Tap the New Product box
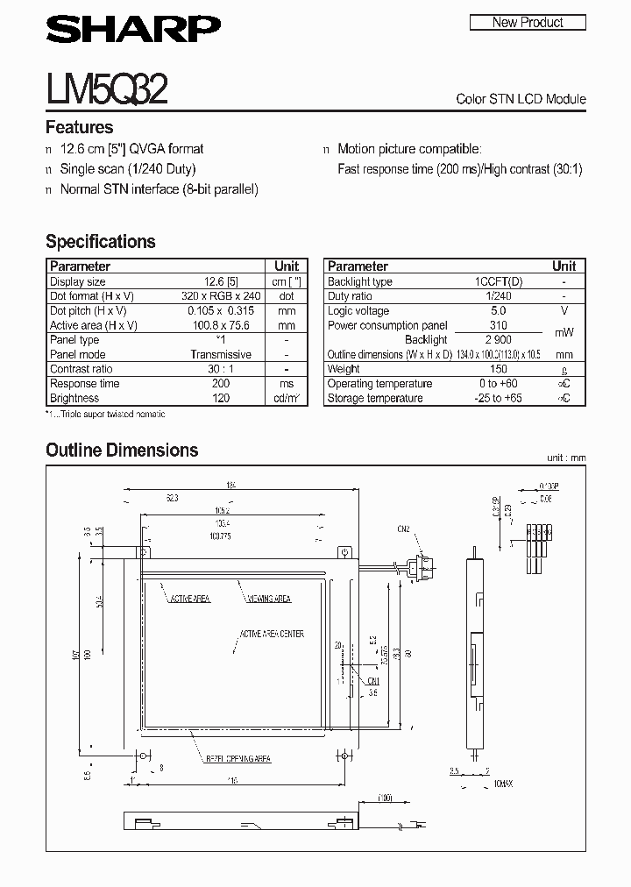pos(528,22)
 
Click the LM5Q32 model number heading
pos(107,89)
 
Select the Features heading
pos(79,127)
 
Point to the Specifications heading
pos(100,241)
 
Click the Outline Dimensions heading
pos(122,450)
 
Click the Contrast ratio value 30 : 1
pos(220,369)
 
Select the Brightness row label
pos(74,398)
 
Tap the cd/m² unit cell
pos(287,398)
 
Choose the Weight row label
pos(344,369)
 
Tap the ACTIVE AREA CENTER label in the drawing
pos(272,634)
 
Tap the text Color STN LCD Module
pos(521,99)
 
